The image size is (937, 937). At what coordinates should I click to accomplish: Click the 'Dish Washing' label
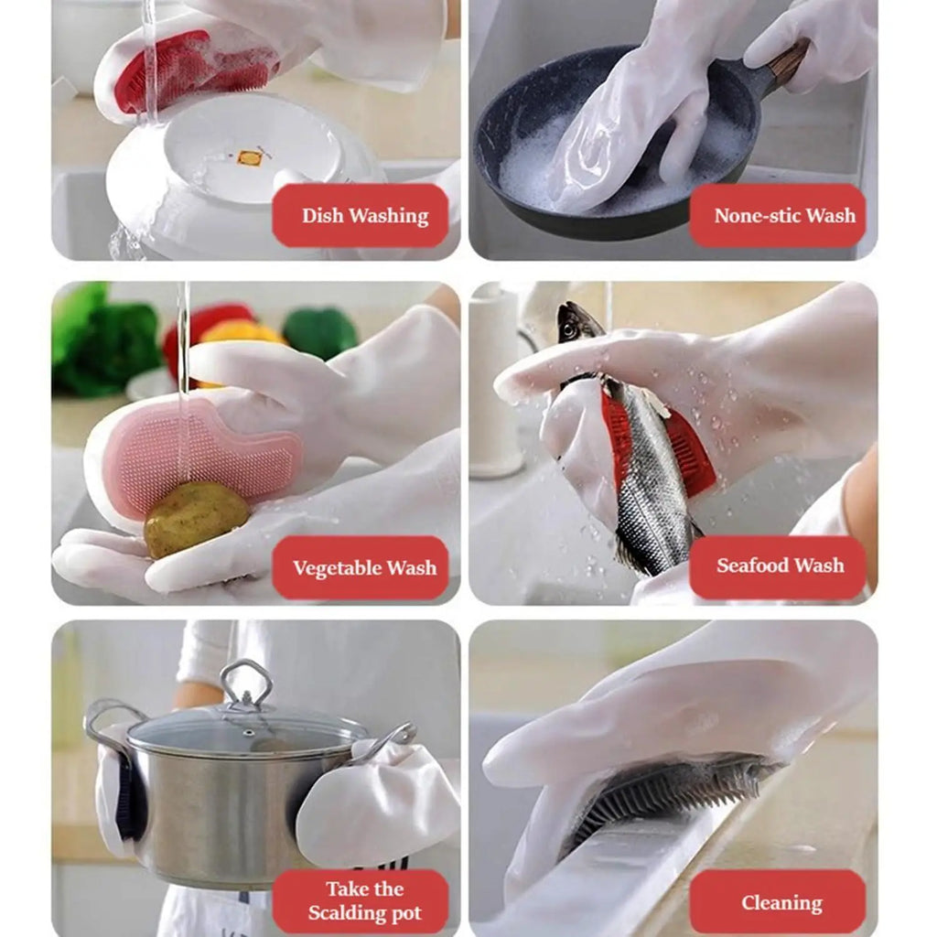(364, 216)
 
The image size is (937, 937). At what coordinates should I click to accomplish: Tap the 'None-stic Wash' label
(783, 216)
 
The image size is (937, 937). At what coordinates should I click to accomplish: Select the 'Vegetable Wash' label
(364, 568)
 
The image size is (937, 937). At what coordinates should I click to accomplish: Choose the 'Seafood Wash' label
(780, 565)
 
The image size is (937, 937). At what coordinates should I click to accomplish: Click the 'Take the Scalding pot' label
(364, 900)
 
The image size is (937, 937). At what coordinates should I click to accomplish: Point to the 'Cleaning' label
(781, 903)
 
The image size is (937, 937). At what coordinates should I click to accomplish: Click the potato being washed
(196, 518)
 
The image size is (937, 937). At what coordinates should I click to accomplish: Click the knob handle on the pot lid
(246, 682)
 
